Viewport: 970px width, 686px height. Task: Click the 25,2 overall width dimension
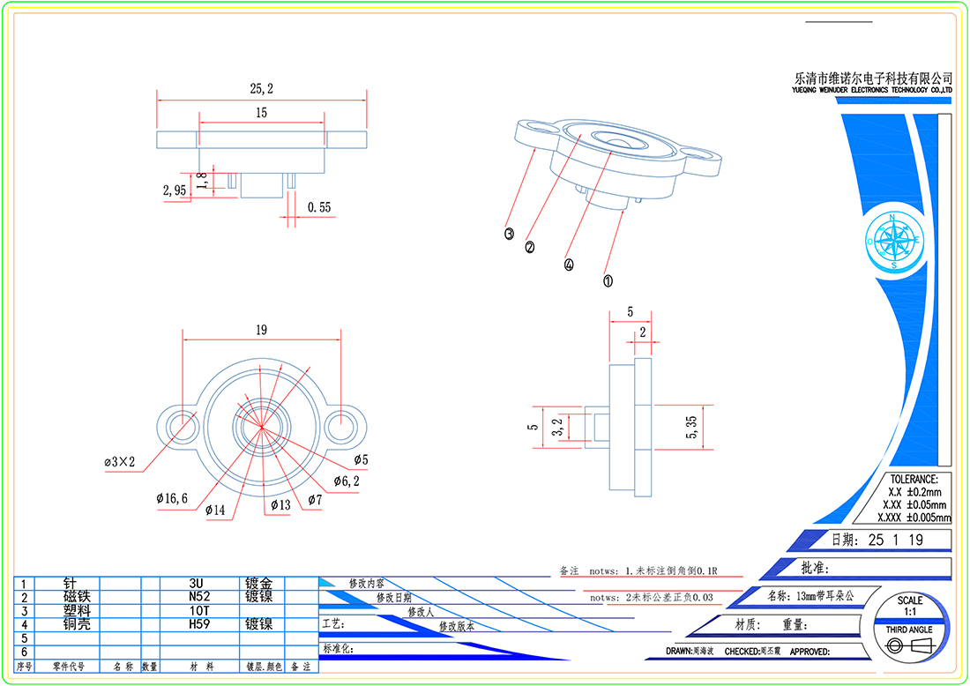261,89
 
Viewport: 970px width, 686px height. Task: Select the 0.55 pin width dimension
319,208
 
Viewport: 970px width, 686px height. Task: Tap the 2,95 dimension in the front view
174,190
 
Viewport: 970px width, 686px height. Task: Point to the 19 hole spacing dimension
261,331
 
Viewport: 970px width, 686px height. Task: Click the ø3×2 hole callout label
120,462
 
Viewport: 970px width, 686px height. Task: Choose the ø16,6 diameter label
172,499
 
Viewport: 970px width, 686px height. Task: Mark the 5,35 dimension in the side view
691,428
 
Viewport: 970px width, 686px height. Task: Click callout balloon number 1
608,281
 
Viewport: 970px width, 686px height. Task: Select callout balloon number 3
509,234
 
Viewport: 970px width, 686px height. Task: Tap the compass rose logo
893,240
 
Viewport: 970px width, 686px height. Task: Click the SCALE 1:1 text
910,606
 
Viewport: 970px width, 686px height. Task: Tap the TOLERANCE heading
914,479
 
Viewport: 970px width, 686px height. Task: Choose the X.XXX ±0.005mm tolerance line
917,518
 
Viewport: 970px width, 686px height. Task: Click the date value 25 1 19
897,540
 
